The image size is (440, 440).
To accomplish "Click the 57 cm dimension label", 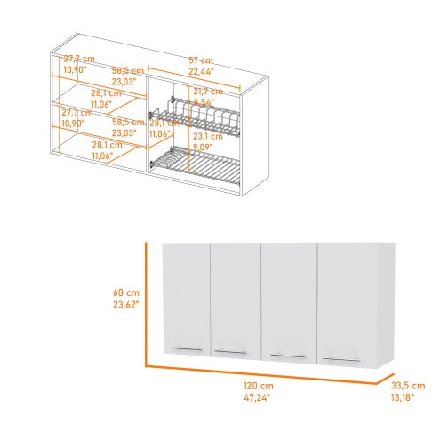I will tap(200, 61).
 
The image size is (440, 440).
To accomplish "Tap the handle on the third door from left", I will tap(285, 356).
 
